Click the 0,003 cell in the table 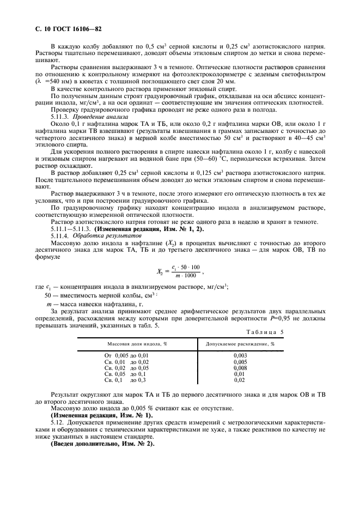(240, 355)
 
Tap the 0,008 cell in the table (240, 368)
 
